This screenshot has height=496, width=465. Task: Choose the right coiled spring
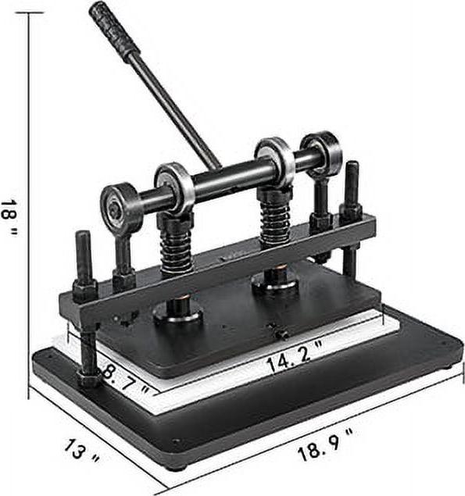click(x=275, y=216)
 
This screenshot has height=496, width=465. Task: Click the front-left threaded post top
click(x=84, y=238)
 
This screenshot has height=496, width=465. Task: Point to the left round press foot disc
click(x=177, y=313)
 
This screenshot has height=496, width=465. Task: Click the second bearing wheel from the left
click(x=173, y=187)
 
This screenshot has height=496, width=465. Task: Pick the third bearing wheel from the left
click(x=274, y=159)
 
